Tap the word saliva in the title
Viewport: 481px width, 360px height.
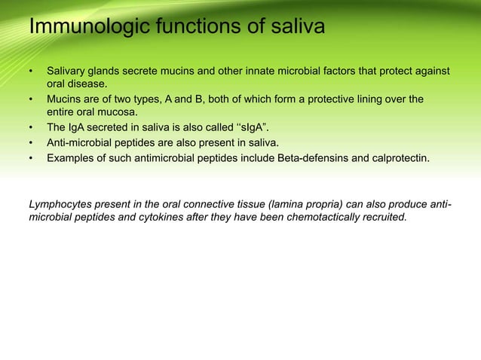(x=294, y=28)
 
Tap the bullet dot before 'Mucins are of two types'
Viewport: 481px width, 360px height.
(x=31, y=99)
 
